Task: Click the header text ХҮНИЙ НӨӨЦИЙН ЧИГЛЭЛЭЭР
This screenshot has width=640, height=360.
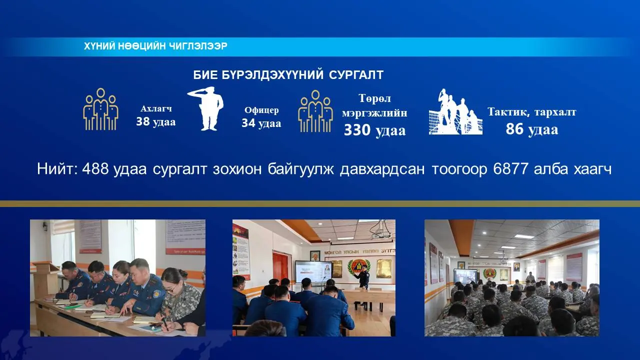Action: click(155, 46)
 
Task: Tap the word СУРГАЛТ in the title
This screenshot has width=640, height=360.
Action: click(356, 75)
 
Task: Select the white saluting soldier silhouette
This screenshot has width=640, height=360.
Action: click(205, 108)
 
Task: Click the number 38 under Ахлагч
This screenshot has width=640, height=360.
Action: click(143, 121)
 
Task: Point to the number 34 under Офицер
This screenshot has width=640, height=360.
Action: click(248, 123)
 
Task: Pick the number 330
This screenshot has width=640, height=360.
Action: click(357, 130)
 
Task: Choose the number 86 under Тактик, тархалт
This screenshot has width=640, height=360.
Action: click(514, 129)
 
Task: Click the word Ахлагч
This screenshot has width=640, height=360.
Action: click(156, 109)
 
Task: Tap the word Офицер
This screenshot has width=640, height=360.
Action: click(261, 110)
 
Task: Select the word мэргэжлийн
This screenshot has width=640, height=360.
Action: click(374, 113)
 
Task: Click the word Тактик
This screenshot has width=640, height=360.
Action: click(508, 112)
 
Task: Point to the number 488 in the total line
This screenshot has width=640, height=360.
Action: click(95, 169)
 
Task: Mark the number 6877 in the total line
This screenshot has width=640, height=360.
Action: click(510, 169)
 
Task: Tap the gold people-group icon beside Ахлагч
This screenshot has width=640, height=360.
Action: click(100, 109)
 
